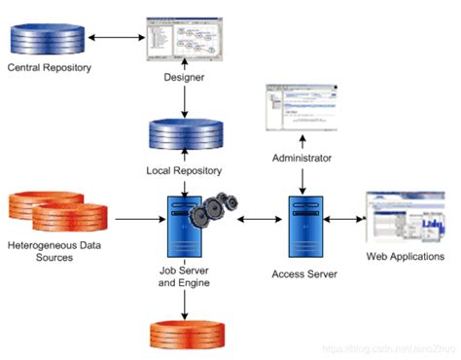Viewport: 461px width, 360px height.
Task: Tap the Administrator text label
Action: pyautogui.click(x=301, y=157)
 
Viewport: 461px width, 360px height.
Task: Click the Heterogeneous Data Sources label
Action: pyautogui.click(x=53, y=251)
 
